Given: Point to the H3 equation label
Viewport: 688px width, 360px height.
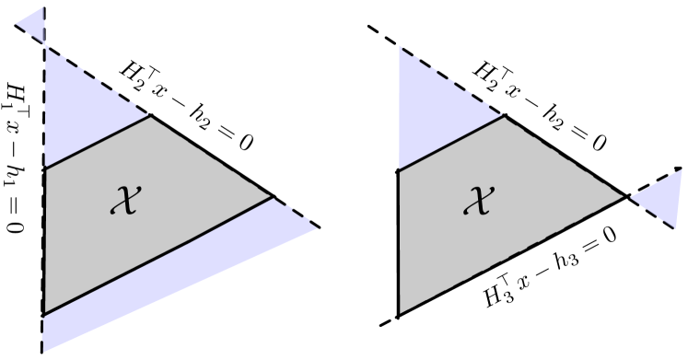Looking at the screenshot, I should pyautogui.click(x=551, y=271).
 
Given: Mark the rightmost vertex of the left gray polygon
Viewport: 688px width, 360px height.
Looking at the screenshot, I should pyautogui.click(x=273, y=196).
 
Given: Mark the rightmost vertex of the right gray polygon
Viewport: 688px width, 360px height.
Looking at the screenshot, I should pyautogui.click(x=626, y=196).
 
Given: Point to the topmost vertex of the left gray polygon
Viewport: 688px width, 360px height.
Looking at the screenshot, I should pyautogui.click(x=151, y=116).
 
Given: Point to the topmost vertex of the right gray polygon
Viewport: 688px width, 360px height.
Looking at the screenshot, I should pyautogui.click(x=505, y=116).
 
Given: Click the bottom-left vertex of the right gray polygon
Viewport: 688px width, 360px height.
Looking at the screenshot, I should pyautogui.click(x=397, y=315).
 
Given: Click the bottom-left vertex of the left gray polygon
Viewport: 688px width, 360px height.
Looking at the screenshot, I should pyautogui.click(x=43, y=315).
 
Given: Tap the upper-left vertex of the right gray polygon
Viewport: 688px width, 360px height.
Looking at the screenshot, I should pyautogui.click(x=397, y=171).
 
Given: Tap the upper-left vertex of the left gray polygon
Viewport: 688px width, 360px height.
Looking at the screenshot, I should pyautogui.click(x=43, y=167).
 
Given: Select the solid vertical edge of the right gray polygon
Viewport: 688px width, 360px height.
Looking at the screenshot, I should pyautogui.click(x=397, y=244).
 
